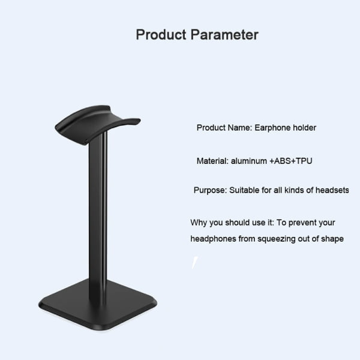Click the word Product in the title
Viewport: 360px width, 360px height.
click(161, 35)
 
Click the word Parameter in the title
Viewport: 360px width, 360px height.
click(224, 35)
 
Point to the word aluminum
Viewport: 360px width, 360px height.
click(249, 161)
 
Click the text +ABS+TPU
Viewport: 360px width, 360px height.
click(291, 161)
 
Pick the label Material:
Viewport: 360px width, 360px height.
click(212, 161)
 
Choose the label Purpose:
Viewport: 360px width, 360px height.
click(211, 190)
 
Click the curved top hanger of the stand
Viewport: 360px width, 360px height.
click(97, 125)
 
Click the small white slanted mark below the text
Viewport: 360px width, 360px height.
click(194, 262)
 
